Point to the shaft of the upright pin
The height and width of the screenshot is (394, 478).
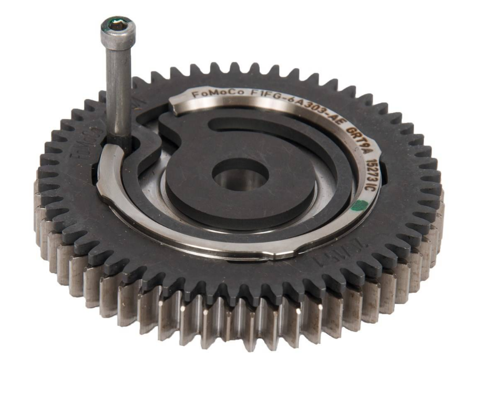(119, 88)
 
